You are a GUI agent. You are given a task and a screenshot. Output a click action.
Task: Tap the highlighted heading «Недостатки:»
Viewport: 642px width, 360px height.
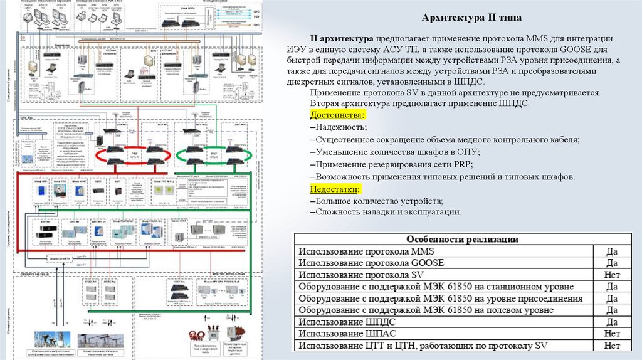pyautogui.click(x=336, y=189)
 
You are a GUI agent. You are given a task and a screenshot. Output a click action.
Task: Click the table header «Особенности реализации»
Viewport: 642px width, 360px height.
pyautogui.click(x=462, y=240)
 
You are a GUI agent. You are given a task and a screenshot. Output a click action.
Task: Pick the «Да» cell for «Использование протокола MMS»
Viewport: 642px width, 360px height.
pyautogui.click(x=612, y=251)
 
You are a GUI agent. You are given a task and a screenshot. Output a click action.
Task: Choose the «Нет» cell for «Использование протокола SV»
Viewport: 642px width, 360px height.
pyautogui.click(x=612, y=275)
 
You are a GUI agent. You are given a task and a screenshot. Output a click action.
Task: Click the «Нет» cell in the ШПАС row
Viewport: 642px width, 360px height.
pyautogui.click(x=612, y=333)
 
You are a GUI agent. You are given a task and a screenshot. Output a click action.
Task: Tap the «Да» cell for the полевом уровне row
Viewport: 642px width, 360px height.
pyautogui.click(x=612, y=310)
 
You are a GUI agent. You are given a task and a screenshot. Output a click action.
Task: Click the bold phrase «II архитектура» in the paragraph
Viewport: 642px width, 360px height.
pyautogui.click(x=343, y=38)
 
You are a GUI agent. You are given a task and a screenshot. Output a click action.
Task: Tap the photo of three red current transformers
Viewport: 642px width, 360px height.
pyautogui.click(x=212, y=331)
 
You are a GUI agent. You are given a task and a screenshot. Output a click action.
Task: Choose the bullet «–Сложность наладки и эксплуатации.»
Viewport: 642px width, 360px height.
pyautogui.click(x=386, y=212)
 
